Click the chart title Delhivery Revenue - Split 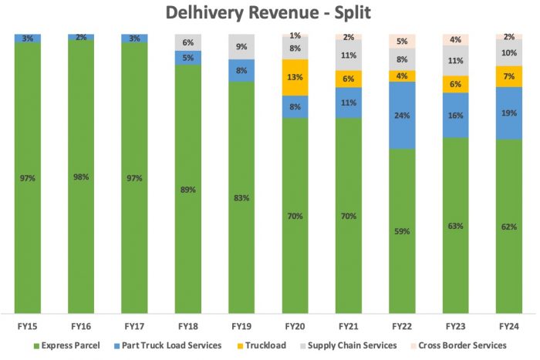(x=271, y=13)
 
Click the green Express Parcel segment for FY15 (x=28, y=178)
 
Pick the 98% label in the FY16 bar (x=81, y=177)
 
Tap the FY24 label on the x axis (x=510, y=326)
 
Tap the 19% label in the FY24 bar (x=510, y=113)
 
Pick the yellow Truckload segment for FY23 (x=457, y=84)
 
